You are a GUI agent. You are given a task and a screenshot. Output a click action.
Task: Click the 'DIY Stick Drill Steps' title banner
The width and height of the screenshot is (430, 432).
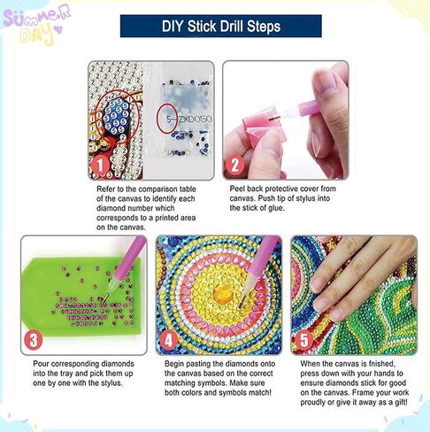pos(221,27)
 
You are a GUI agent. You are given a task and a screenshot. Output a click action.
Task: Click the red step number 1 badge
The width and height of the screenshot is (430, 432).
pos(100,166)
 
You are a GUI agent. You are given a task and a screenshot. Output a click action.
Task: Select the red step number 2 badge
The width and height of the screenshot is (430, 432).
pos(234,166)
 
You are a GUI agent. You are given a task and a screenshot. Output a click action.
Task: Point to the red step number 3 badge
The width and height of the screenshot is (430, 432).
pos(33,340)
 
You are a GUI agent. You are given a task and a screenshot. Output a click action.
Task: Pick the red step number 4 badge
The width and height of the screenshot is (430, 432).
pos(168,341)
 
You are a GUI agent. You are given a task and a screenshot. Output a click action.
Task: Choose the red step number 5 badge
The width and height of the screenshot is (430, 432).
pos(303,340)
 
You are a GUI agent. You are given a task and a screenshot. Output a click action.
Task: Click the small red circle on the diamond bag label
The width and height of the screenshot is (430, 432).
pos(167,119)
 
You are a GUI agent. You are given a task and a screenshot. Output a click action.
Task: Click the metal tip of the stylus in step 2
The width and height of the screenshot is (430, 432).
pos(273,119)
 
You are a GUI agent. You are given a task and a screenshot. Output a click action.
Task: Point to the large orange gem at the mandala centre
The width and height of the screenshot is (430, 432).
pos(223,294)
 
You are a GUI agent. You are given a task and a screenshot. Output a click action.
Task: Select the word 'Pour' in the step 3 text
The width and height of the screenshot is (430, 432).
pos(41,364)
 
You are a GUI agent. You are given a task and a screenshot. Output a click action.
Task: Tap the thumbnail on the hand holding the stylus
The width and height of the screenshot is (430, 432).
pos(326,83)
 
